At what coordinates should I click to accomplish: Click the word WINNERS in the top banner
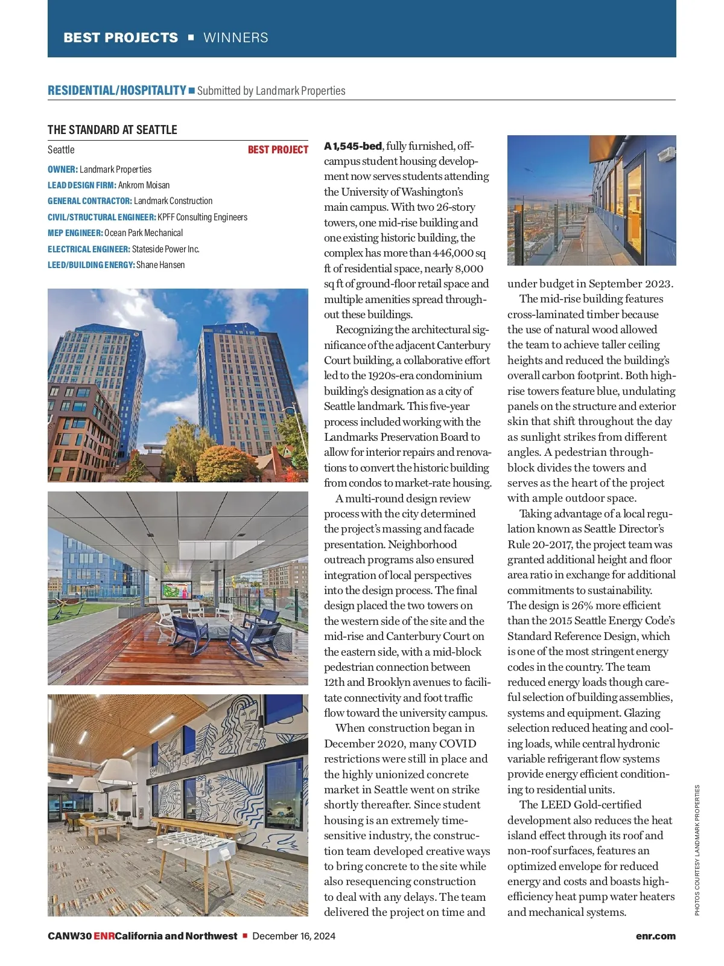point(236,37)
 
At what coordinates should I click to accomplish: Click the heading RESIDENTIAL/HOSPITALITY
point(117,91)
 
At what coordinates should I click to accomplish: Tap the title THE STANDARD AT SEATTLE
point(112,130)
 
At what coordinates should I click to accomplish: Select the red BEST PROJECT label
point(278,150)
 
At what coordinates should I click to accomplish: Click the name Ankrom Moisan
point(144,185)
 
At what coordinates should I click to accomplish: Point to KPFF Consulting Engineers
point(202,217)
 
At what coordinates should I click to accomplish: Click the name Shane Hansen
point(160,264)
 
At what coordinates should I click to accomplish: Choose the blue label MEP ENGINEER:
point(75,233)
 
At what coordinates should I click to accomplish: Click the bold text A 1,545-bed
point(353,146)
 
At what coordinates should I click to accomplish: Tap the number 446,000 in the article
point(453,253)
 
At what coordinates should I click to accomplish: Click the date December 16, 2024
point(294,936)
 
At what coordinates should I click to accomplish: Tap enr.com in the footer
point(655,936)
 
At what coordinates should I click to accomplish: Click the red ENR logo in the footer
point(104,936)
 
